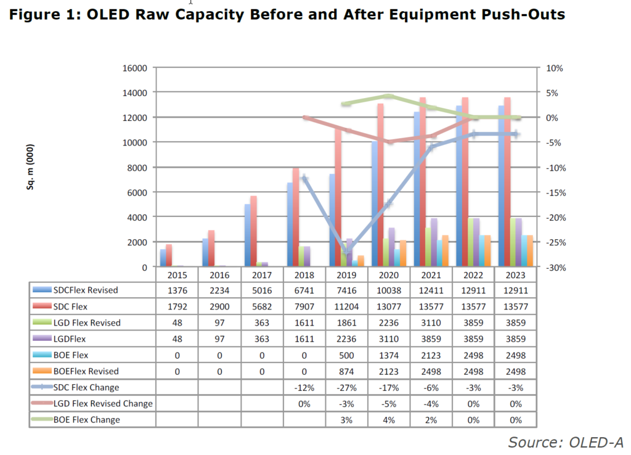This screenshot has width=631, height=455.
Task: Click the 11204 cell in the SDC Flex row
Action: click(x=346, y=306)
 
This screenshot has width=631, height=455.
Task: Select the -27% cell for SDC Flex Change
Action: click(x=346, y=387)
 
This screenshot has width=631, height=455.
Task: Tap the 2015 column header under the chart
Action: click(x=177, y=274)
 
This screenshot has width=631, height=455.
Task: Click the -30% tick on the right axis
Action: click(x=551, y=267)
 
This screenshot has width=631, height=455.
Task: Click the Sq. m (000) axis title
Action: click(x=30, y=166)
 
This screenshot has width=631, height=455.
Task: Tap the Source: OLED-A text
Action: click(x=565, y=442)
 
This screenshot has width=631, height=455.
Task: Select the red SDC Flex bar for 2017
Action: click(x=254, y=231)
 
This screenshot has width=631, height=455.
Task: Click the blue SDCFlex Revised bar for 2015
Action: click(x=163, y=258)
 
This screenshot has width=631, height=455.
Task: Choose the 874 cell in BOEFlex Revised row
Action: click(x=346, y=371)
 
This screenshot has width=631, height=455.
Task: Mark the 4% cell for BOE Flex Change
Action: click(x=389, y=419)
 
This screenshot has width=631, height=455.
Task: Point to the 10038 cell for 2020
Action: click(x=389, y=290)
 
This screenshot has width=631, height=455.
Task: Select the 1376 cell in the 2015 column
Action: click(x=177, y=290)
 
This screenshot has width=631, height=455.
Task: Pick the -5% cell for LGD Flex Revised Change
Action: click(x=389, y=403)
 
